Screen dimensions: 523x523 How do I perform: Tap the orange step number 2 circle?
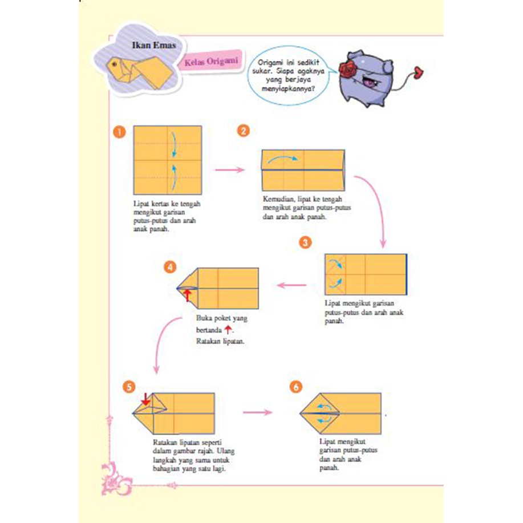tap(243, 132)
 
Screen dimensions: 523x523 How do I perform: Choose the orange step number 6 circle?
tap(295, 388)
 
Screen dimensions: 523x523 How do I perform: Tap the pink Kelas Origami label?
tap(211, 62)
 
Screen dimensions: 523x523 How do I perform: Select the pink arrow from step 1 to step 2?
tap(230, 170)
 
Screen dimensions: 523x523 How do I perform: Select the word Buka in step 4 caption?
tap(204, 318)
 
